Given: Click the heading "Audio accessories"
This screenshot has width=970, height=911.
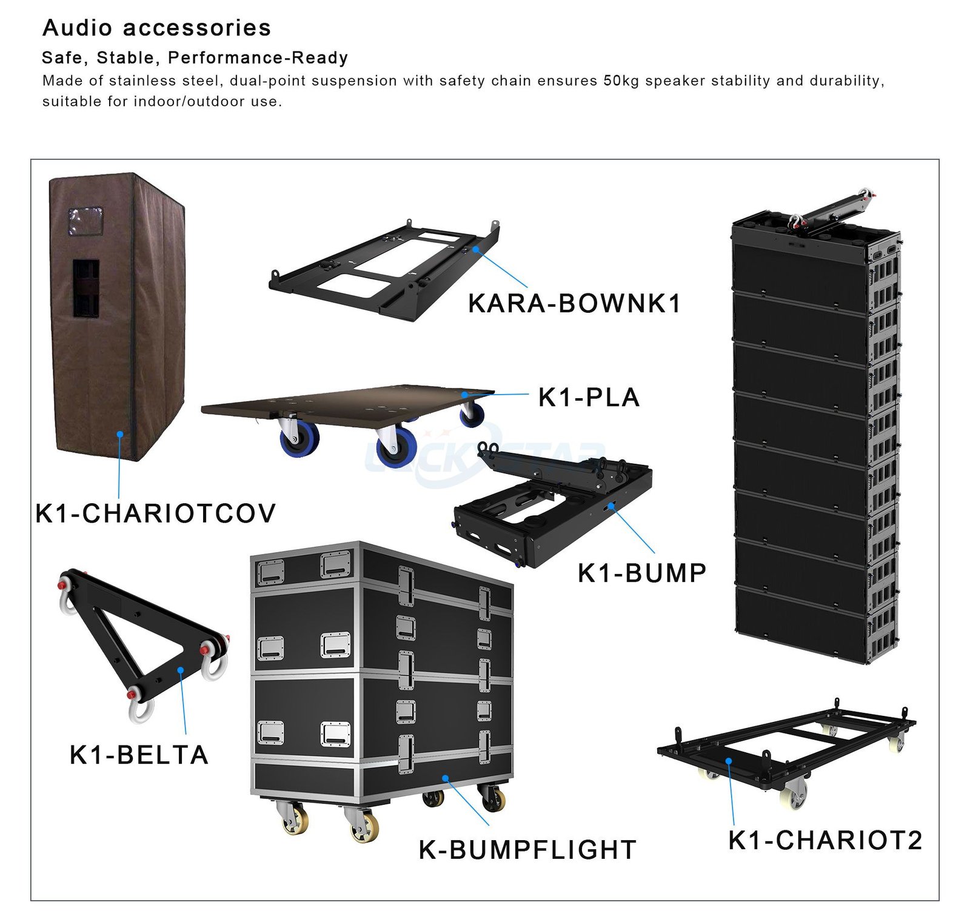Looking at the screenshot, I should [x=156, y=28].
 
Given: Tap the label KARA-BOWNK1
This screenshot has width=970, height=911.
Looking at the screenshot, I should [x=574, y=304].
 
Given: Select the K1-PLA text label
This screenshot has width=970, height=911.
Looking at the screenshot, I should [x=589, y=398].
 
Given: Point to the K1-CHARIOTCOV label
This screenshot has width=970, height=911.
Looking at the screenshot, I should [x=155, y=513].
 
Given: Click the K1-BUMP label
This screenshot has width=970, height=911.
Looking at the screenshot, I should [x=642, y=573].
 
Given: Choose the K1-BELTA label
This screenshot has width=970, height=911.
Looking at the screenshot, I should [x=139, y=755].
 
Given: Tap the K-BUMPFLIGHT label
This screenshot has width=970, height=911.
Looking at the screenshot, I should [x=527, y=850].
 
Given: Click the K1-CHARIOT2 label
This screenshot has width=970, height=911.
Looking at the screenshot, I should [x=825, y=840].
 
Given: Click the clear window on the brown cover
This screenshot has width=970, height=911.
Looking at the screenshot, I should [x=85, y=221].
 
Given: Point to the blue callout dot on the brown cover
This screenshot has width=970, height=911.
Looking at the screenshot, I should [x=120, y=434].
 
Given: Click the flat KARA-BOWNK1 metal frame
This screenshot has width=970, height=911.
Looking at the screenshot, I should [x=388, y=267].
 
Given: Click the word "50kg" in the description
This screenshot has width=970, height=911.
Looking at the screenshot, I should [x=621, y=81].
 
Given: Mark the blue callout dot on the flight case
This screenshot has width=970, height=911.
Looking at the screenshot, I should [x=445, y=778].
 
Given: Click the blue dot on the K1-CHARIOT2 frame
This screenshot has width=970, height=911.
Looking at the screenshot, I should [x=729, y=761].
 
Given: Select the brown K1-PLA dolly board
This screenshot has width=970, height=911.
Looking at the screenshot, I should [x=346, y=403].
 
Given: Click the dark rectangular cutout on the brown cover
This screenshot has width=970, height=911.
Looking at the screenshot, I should [x=86, y=289].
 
